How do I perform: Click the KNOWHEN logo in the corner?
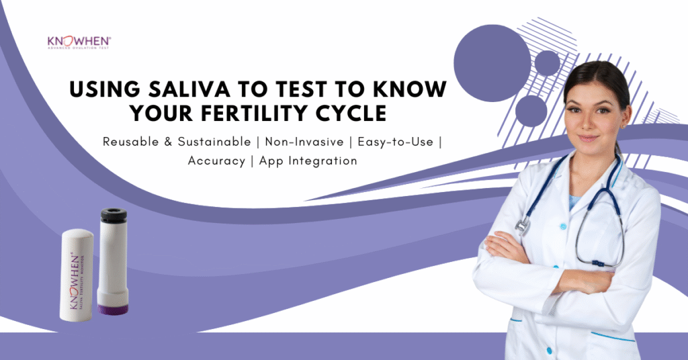tap(79, 42)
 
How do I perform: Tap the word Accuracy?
tap(214, 161)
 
